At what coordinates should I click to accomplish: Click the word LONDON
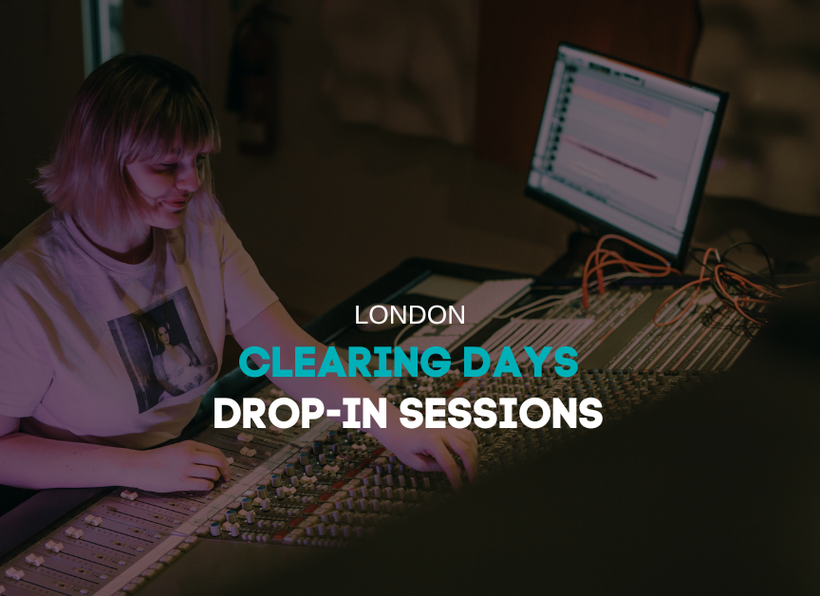point(410,315)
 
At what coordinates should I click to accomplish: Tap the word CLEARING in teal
point(345,362)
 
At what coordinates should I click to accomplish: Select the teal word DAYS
point(520,362)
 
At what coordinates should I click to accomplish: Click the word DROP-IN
point(301,413)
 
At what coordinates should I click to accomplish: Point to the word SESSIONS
point(501,413)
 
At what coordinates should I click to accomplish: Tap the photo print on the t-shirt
point(162,348)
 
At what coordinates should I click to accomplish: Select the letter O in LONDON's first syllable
point(379,315)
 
